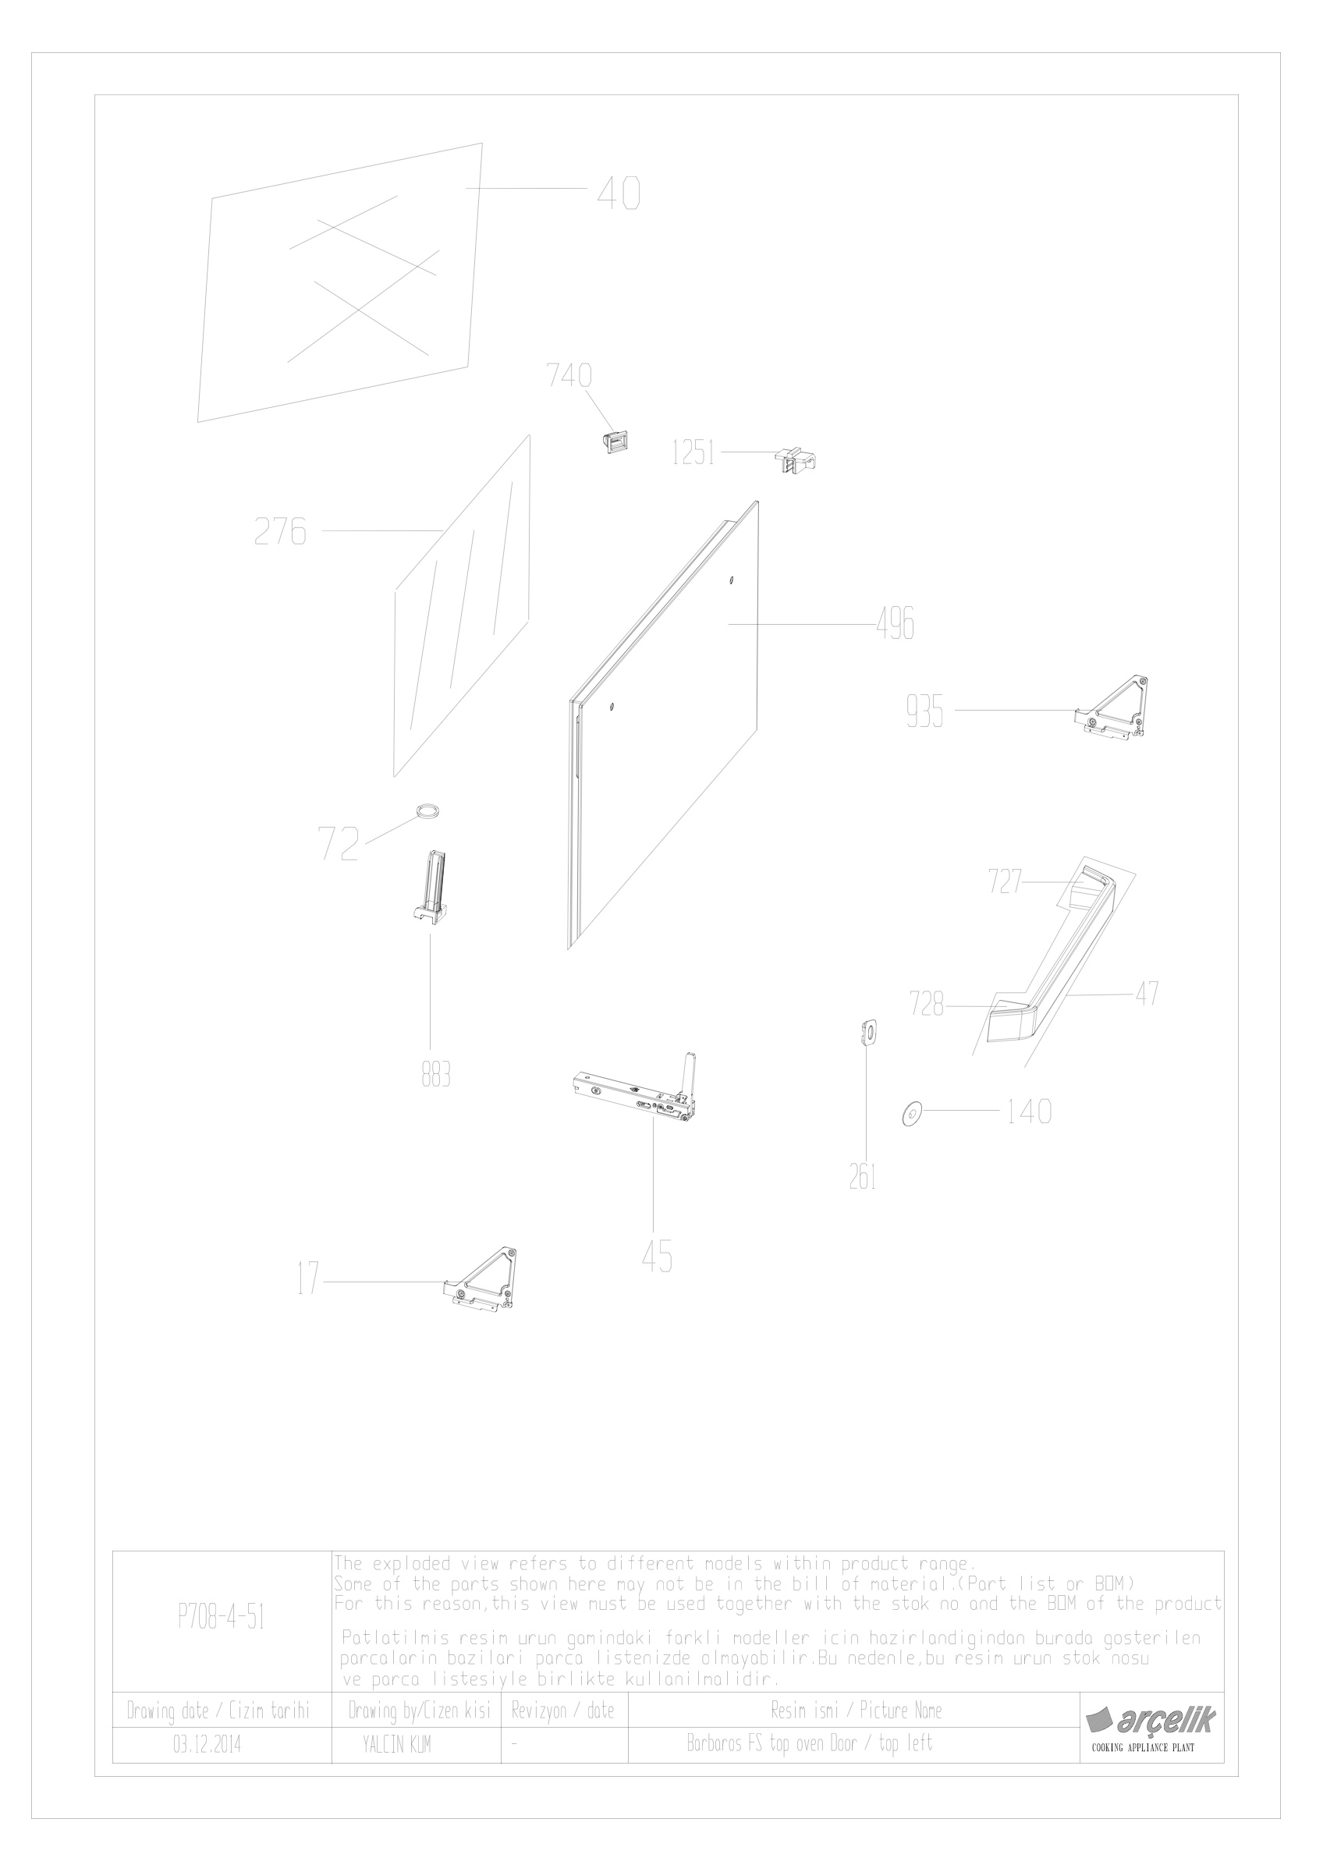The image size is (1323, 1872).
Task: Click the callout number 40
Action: (619, 194)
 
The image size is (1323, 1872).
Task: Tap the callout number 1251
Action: (693, 452)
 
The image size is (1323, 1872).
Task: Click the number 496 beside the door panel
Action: (895, 624)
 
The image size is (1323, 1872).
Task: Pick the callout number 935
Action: (924, 713)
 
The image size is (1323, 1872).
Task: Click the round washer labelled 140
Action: (910, 1112)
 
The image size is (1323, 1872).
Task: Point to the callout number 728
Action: (929, 1005)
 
